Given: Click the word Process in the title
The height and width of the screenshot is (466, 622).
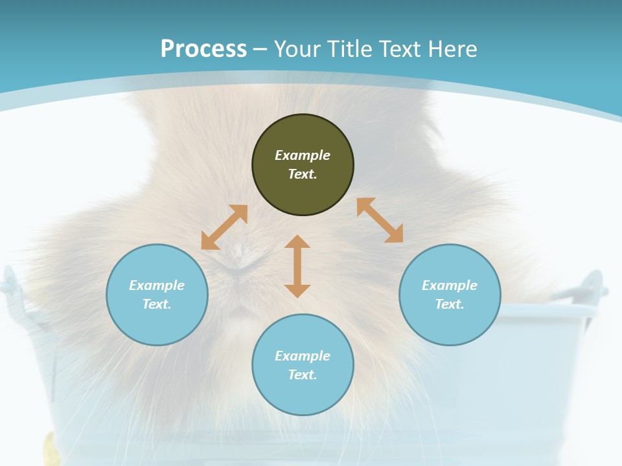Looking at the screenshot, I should [203, 49].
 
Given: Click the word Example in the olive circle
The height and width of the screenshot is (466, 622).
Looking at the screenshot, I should [303, 155].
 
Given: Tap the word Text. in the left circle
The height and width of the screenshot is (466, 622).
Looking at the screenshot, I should [157, 304].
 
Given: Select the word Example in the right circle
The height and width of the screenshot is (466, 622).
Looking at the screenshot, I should [450, 285].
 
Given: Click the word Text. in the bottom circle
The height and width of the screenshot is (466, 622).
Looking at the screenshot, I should [303, 375].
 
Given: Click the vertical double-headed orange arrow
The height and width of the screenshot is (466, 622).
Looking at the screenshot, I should [297, 266].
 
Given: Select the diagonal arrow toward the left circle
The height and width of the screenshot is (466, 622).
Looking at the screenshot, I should [224, 227].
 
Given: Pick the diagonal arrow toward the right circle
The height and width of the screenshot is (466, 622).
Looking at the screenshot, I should [380, 220].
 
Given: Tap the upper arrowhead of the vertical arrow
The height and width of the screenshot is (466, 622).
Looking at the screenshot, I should [297, 242].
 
